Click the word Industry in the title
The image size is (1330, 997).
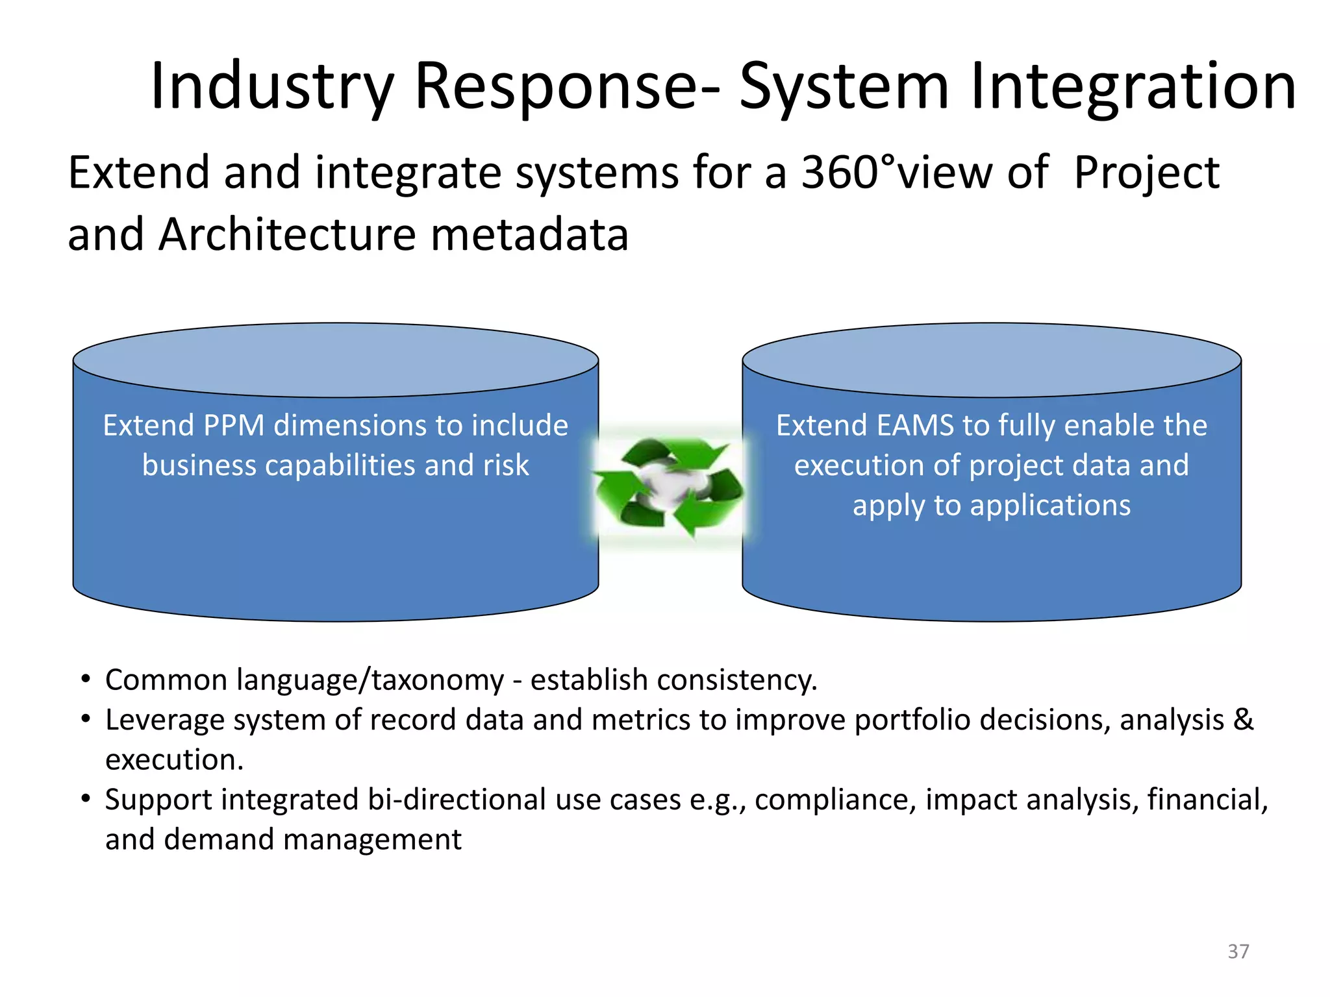272,86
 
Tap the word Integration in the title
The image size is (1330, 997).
1133,86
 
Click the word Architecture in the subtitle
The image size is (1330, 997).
286,234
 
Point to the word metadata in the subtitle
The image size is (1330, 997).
529,234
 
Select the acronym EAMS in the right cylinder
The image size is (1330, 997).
915,426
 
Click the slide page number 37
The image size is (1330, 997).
1238,952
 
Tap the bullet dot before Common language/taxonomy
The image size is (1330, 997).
85,680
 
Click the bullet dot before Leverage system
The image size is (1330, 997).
85,719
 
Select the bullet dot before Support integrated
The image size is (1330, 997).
85,799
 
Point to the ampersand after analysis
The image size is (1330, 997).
1243,720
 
